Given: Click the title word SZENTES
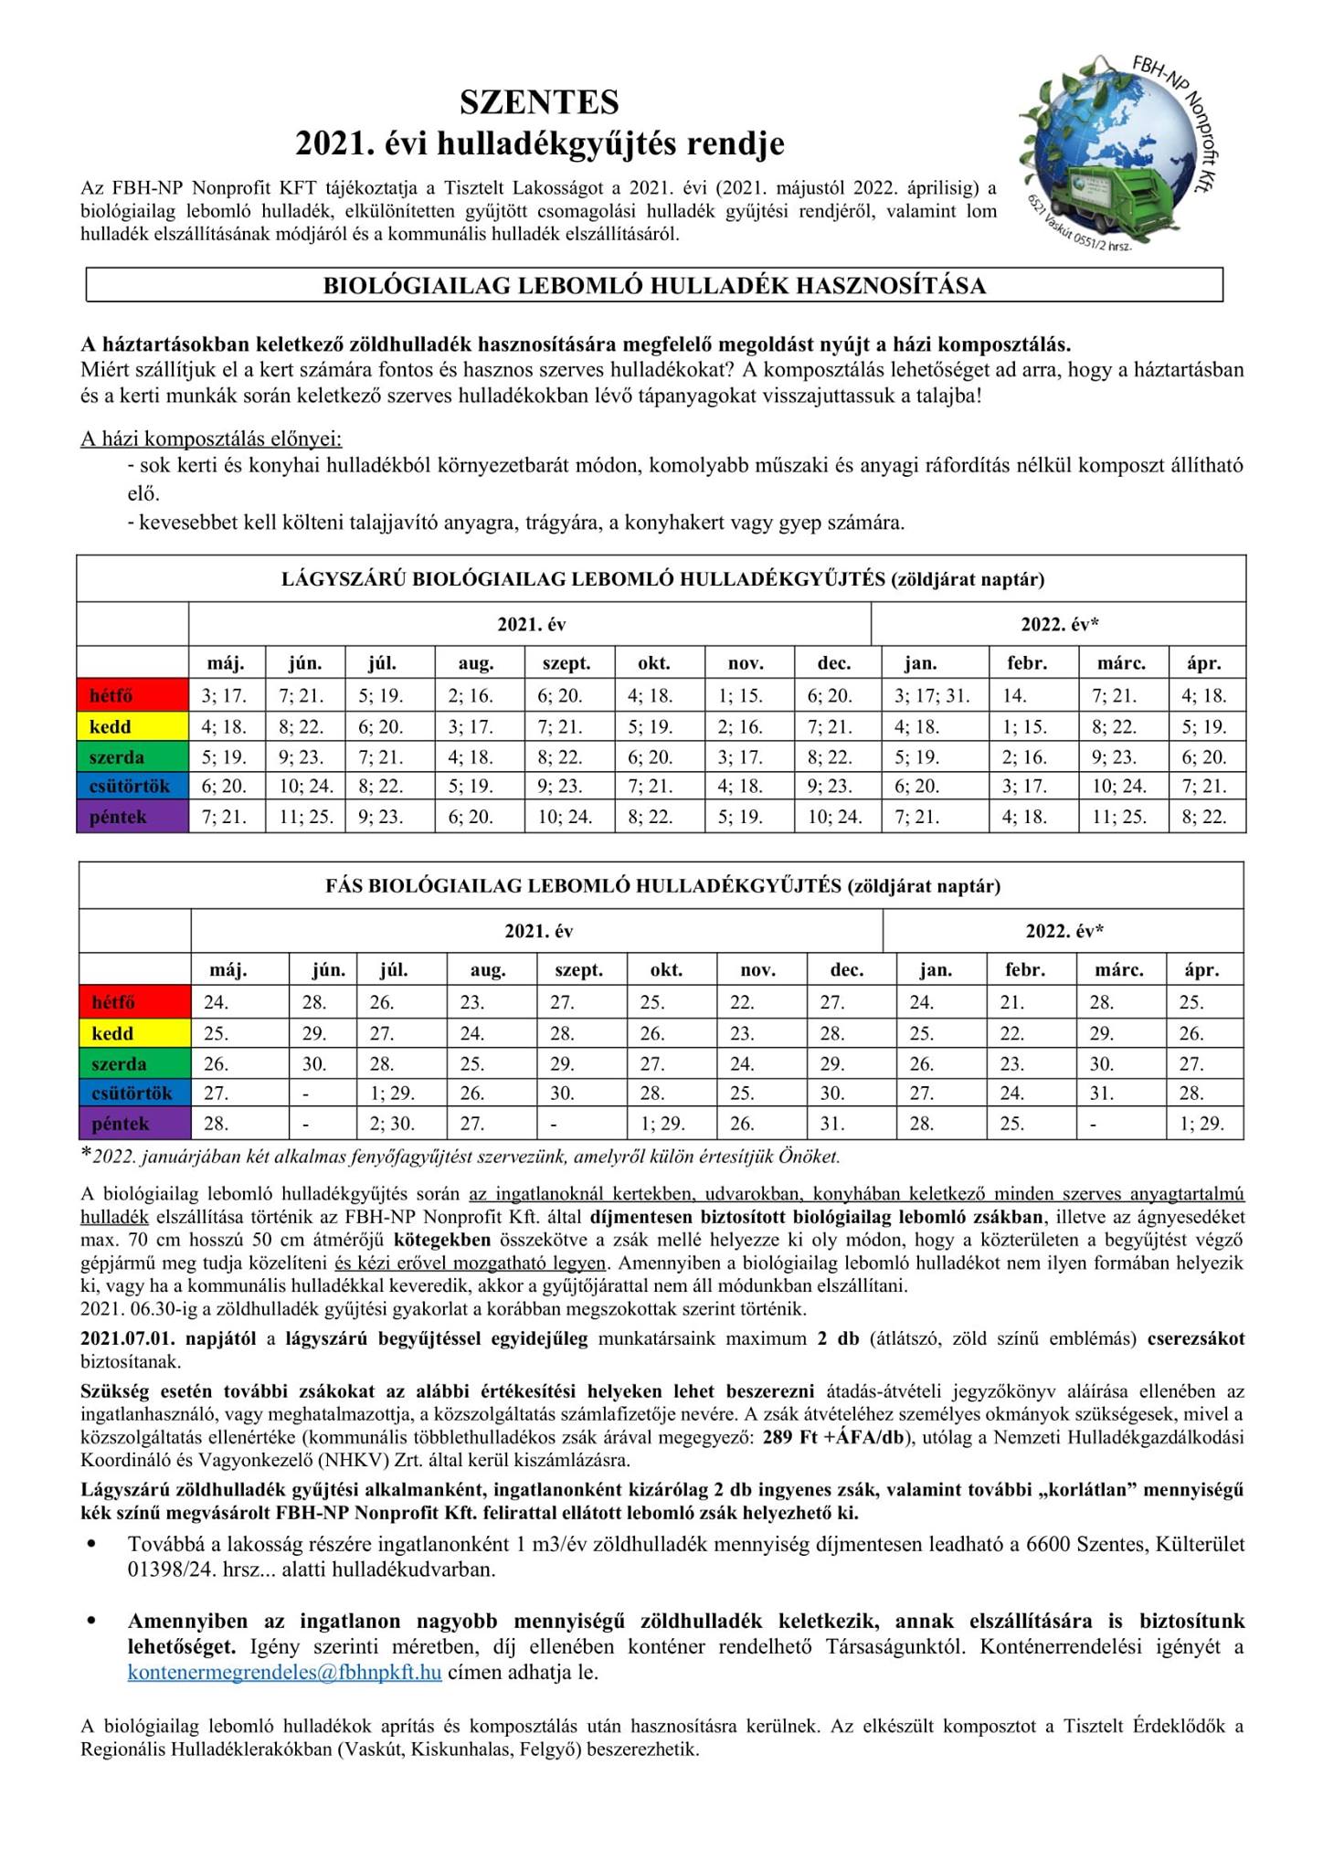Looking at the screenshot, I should (539, 102).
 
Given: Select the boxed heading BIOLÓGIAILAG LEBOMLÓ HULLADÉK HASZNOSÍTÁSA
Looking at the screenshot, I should (654, 285).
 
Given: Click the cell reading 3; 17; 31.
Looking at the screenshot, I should (932, 696).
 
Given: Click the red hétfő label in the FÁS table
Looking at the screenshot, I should (113, 1003).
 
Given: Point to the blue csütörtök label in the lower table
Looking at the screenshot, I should (132, 1094).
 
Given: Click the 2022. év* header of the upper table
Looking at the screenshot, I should (1059, 625).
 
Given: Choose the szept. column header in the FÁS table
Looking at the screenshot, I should (578, 970).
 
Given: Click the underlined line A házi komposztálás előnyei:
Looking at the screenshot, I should (211, 439).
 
